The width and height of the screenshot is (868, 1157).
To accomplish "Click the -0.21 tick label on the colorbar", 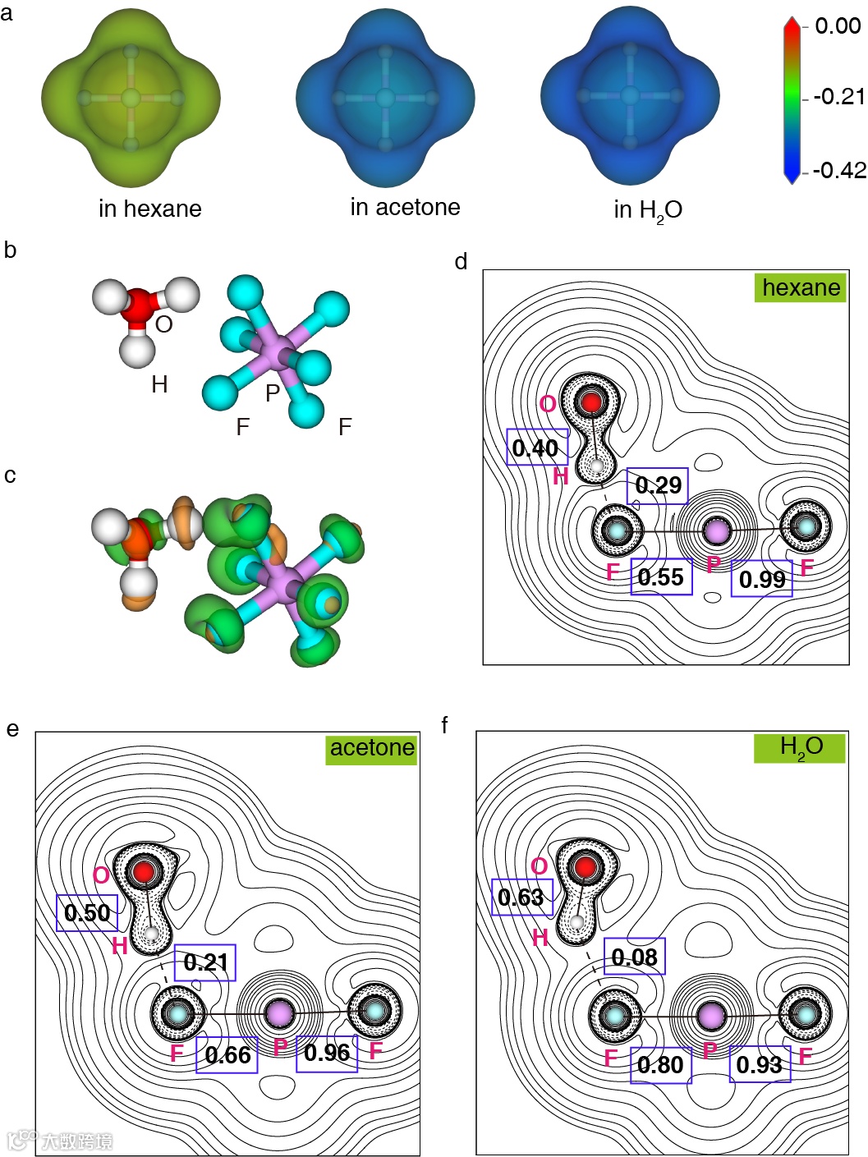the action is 839,97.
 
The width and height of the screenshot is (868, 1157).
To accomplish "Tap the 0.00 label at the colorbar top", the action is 838,26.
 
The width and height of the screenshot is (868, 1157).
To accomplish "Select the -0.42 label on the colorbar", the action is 839,170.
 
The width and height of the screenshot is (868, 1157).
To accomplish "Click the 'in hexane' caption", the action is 149,209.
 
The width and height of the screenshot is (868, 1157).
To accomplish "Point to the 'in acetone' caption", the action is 405,207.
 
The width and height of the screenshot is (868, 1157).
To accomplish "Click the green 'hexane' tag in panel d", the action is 801,287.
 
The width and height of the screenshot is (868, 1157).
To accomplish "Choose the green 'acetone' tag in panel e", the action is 372,748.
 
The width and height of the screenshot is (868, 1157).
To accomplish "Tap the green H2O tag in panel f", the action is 800,747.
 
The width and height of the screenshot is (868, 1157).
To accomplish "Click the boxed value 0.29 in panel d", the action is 658,485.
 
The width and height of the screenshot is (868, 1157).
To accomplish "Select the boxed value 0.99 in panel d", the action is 762,579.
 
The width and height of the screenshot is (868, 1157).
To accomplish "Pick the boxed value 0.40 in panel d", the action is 535,448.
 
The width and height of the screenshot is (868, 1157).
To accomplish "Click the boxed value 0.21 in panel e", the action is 205,962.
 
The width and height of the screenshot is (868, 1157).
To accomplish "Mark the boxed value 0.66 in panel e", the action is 227,1055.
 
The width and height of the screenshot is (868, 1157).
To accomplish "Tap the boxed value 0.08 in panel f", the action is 634,957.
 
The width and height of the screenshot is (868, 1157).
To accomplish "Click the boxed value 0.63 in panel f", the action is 521,897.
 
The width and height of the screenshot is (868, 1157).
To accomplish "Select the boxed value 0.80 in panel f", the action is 660,1065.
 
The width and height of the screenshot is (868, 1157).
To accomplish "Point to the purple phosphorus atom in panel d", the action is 717,530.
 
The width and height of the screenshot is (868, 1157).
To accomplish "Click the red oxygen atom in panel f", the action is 585,867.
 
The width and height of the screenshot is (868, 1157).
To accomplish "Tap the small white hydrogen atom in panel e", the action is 151,934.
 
